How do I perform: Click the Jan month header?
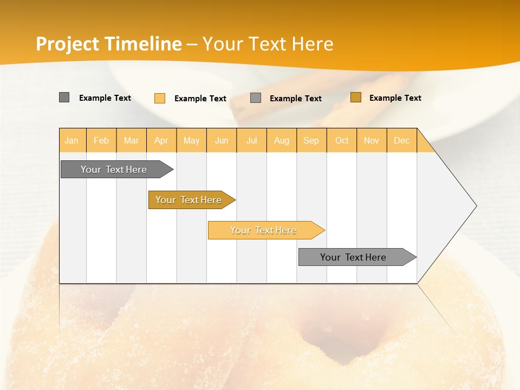coord(72,140)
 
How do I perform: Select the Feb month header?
coord(101,140)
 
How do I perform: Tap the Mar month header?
coord(131,140)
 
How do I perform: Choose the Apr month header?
coord(161,140)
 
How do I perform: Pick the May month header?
coord(191,140)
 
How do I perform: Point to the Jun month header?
coord(222,140)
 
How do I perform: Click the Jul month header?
coord(251,140)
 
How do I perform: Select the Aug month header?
coord(282,140)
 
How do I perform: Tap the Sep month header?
coord(311,140)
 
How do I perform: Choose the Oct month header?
coord(342,140)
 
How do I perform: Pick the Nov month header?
coord(372,140)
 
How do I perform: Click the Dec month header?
coord(402,140)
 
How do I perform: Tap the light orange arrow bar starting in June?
coord(264,230)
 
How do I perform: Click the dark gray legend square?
coord(64,97)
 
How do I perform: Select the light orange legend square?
coord(160,98)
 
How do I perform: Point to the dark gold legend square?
coord(356,97)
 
